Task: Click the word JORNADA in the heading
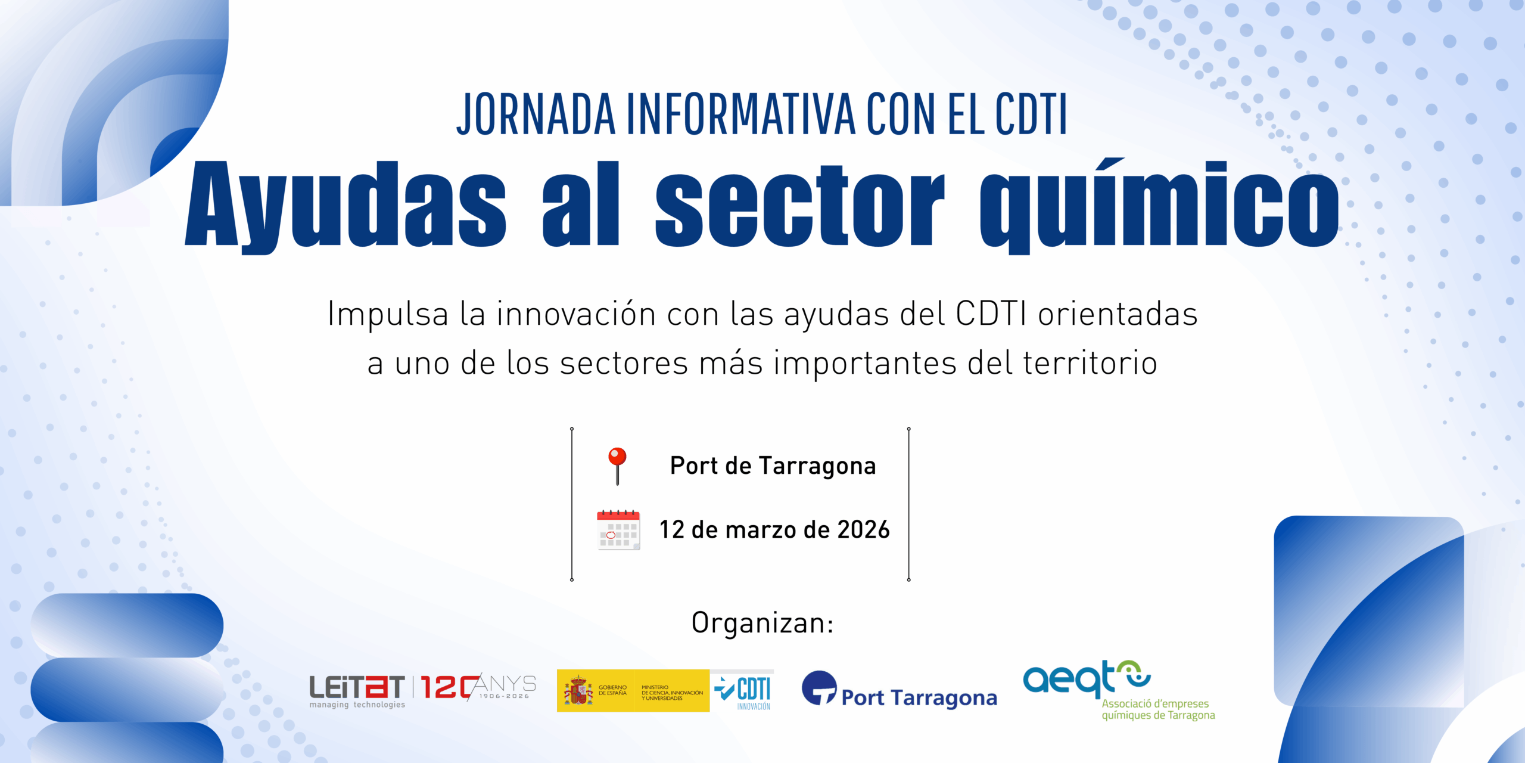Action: point(536,114)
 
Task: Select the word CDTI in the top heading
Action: point(1031,114)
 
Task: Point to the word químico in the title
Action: point(1159,206)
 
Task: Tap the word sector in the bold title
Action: point(800,206)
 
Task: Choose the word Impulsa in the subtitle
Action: point(388,314)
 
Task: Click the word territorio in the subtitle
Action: point(1090,363)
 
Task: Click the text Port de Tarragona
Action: point(773,466)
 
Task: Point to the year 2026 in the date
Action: point(863,529)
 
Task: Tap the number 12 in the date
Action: point(671,529)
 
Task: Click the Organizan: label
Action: point(762,623)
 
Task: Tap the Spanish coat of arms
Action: point(578,690)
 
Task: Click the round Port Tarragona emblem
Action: point(820,688)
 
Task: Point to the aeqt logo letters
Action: point(1069,679)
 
